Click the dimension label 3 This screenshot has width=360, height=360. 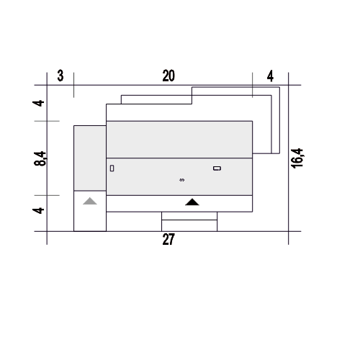point(60,76)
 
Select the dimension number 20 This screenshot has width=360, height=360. point(168,76)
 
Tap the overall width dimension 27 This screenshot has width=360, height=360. point(168,239)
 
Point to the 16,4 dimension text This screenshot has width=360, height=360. point(297,158)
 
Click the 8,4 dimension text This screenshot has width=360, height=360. point(40,158)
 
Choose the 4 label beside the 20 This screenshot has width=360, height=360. point(270,76)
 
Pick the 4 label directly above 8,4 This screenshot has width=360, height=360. point(38,103)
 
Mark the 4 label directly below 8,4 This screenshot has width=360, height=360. point(38,210)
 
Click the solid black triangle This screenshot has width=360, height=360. point(192,202)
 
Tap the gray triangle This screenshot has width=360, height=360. point(90,202)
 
